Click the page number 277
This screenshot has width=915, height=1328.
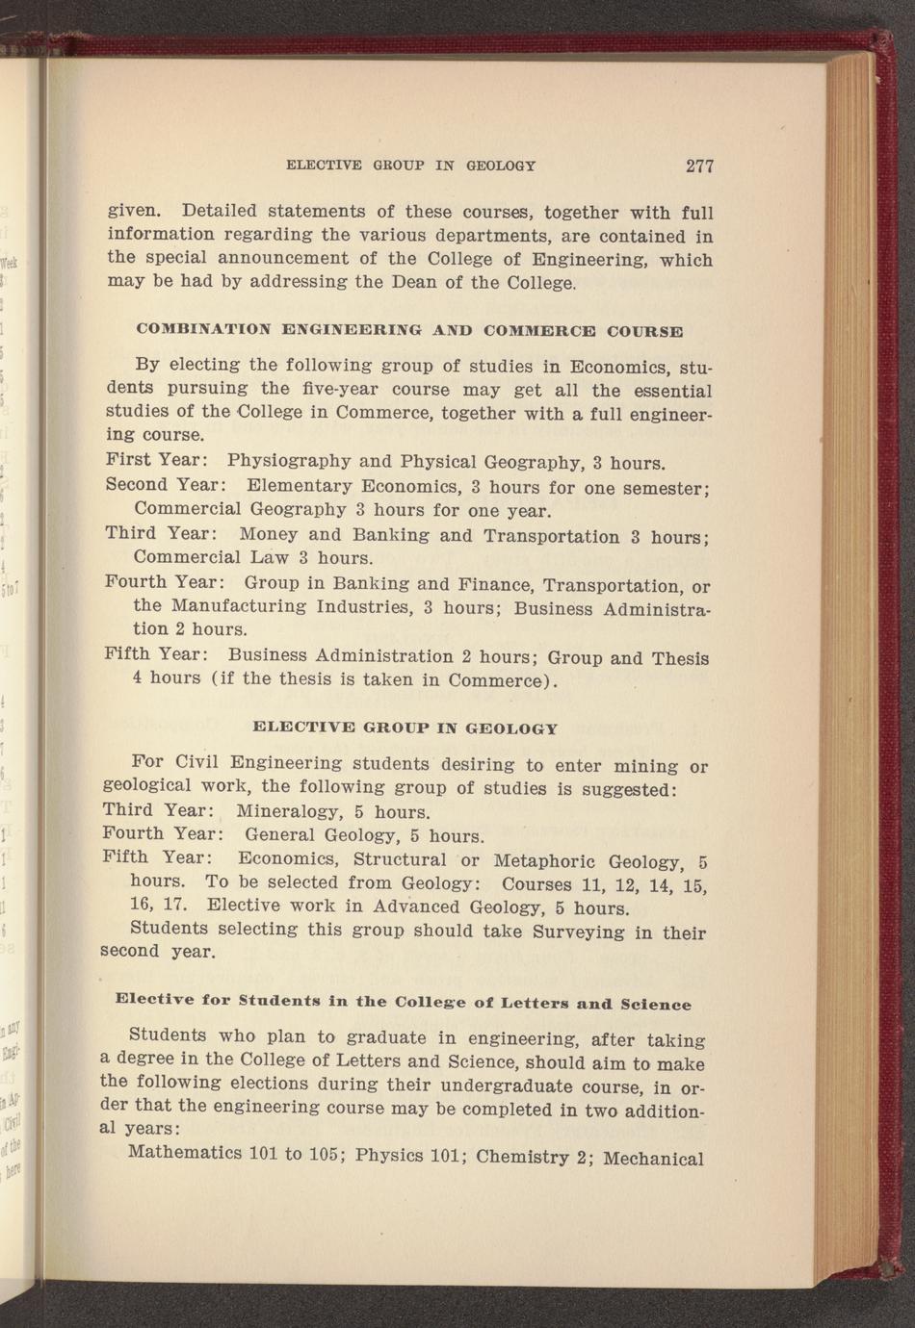[x=699, y=166]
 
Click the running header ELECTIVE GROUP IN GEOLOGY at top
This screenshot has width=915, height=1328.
[x=411, y=166]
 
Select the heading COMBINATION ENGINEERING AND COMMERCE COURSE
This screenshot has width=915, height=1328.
[x=409, y=330]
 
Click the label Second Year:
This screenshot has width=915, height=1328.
[x=165, y=484]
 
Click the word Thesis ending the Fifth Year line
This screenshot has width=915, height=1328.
[x=680, y=659]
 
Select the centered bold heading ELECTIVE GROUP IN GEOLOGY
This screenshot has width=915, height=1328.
[x=405, y=728]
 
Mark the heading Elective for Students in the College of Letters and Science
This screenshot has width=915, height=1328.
[x=403, y=1002]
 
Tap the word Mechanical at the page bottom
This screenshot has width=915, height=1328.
[x=654, y=1158]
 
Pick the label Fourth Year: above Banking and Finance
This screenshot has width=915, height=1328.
[x=165, y=582]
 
